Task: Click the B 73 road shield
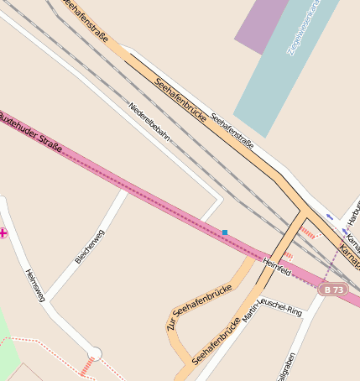(333, 290)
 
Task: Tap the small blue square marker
(225, 232)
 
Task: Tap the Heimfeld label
(276, 268)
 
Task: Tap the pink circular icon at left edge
(3, 232)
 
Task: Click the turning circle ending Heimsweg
(95, 354)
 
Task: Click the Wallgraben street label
(285, 363)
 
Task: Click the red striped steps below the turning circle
(87, 367)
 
